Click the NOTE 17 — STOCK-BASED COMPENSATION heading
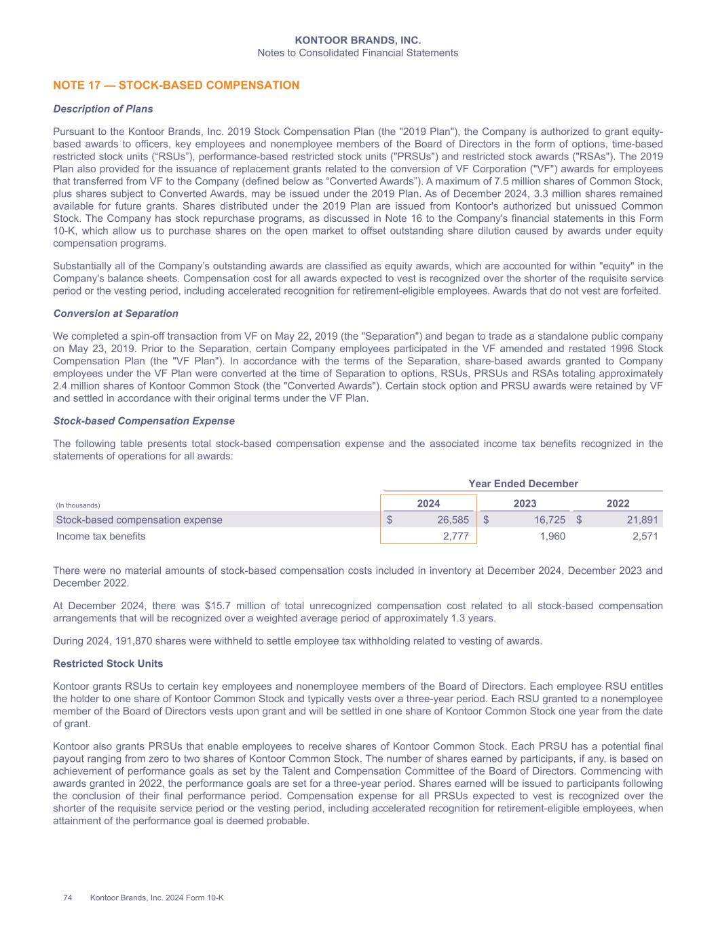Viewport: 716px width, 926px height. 176,85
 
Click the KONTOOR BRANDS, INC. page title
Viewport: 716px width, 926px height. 358,41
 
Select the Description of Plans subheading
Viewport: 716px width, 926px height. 103,109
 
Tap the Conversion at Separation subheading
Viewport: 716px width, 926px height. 115,313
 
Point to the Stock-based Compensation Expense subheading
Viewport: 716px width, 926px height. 144,421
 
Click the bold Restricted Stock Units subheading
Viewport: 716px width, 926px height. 108,663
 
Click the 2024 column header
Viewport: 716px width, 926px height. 428,503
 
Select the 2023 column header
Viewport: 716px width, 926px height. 525,503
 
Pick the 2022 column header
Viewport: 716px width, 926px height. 618,503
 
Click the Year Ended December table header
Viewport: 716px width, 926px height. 523,484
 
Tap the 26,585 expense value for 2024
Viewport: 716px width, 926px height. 453,520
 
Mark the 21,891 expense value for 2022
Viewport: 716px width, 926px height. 641,520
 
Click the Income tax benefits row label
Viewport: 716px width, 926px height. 100,537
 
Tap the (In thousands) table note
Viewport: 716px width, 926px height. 77,505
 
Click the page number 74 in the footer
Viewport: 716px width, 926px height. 68,898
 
